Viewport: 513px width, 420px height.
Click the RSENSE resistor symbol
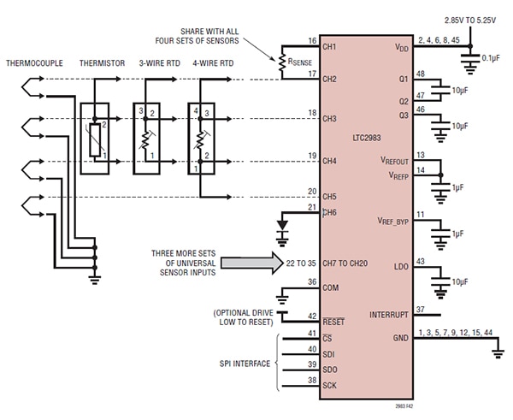281,62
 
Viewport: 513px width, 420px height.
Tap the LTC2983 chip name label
367,138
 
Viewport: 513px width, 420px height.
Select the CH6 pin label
329,213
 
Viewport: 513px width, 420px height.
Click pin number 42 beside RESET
312,316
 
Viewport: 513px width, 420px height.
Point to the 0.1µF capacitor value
491,58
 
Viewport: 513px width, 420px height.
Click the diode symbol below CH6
282,225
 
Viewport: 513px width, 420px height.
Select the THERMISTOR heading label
102,63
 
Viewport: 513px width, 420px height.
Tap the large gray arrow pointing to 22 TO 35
251,263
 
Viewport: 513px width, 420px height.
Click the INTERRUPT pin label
389,315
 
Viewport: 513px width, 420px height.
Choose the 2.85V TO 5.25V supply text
469,21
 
